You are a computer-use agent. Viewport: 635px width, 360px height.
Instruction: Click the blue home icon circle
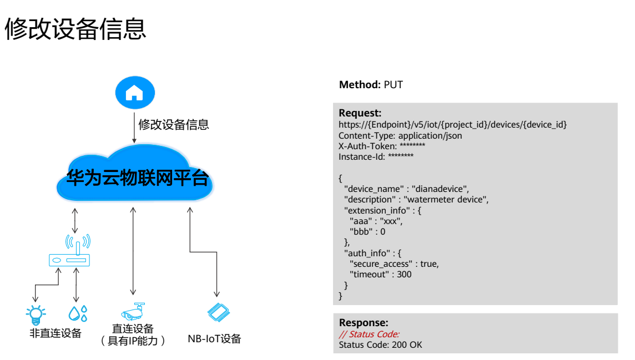click(x=135, y=93)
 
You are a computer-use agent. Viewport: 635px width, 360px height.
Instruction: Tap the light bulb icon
click(x=36, y=315)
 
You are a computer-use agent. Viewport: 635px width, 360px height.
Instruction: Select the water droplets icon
click(x=78, y=313)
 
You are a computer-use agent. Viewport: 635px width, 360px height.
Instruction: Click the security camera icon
click(x=133, y=312)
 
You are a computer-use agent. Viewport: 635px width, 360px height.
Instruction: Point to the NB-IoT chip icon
click(x=218, y=312)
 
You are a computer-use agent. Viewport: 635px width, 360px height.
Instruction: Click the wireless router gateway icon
click(x=69, y=250)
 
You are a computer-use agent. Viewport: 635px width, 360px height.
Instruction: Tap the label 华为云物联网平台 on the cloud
click(x=138, y=178)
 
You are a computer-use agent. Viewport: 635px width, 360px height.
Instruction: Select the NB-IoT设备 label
click(x=214, y=338)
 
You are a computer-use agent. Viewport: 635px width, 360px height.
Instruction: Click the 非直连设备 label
click(x=56, y=333)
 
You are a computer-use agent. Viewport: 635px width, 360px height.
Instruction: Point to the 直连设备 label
click(x=133, y=328)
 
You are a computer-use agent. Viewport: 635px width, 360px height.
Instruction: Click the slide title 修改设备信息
click(x=75, y=29)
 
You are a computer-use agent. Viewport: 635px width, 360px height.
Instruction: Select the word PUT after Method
click(x=393, y=84)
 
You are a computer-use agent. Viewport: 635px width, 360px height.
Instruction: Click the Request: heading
click(x=360, y=113)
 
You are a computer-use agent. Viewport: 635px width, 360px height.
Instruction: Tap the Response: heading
click(x=364, y=322)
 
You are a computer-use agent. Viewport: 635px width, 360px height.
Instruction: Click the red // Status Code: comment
click(x=369, y=334)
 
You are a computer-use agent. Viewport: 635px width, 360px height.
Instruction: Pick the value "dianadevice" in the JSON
click(x=440, y=189)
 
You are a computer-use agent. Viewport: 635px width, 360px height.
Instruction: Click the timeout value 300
click(x=404, y=274)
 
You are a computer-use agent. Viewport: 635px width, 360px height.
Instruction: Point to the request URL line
click(x=453, y=125)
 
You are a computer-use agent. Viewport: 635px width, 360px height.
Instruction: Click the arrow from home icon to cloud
click(x=134, y=128)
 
